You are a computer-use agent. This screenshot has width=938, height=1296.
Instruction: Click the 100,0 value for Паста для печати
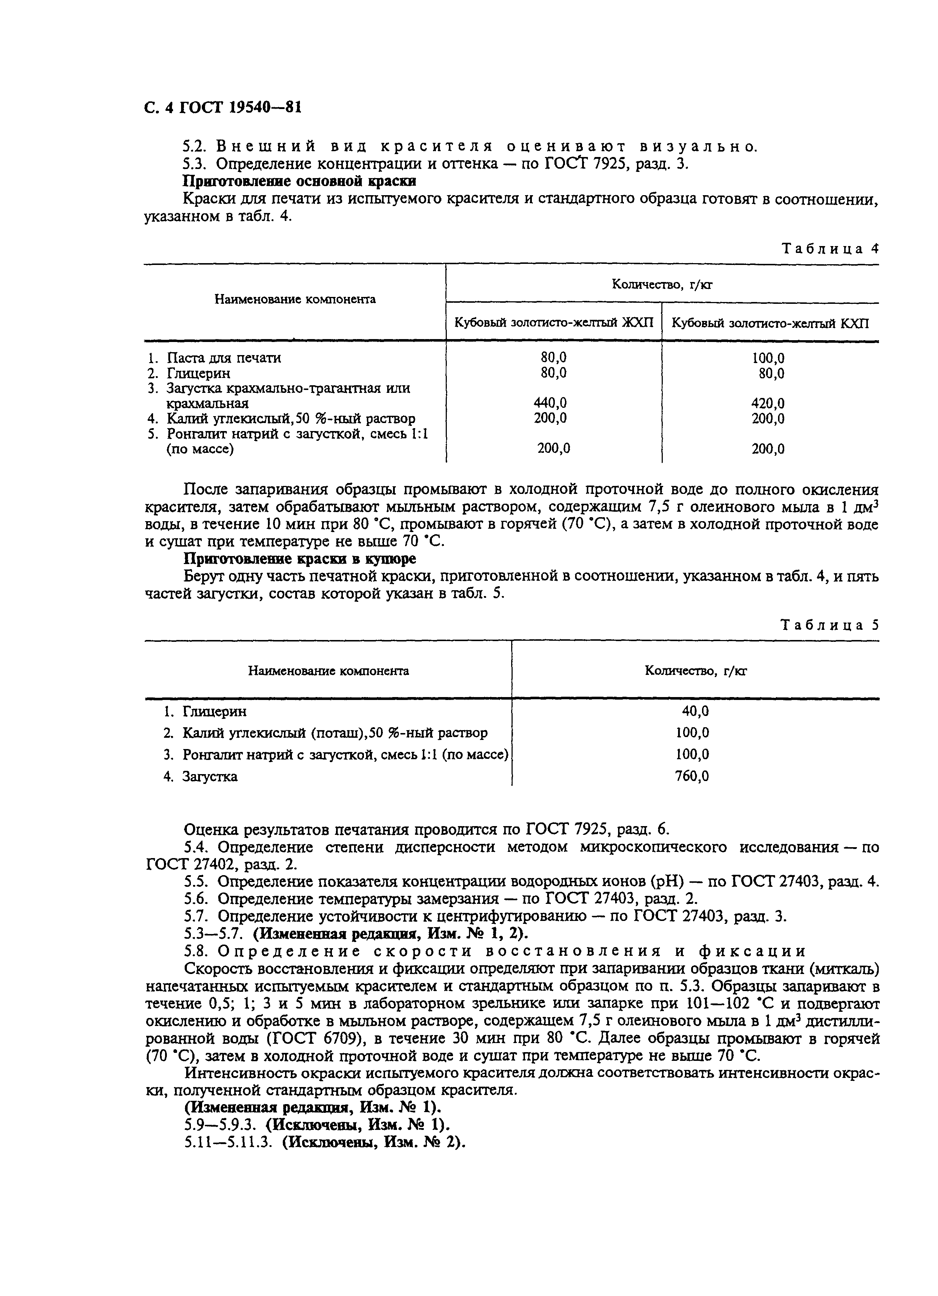[x=767, y=358]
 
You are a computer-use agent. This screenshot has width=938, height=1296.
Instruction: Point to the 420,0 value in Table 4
[x=767, y=403]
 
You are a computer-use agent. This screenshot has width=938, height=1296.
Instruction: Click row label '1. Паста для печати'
[x=215, y=358]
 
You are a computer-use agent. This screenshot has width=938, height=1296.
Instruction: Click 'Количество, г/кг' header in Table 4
[x=662, y=284]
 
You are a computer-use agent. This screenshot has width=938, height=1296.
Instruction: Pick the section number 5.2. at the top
[x=197, y=146]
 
